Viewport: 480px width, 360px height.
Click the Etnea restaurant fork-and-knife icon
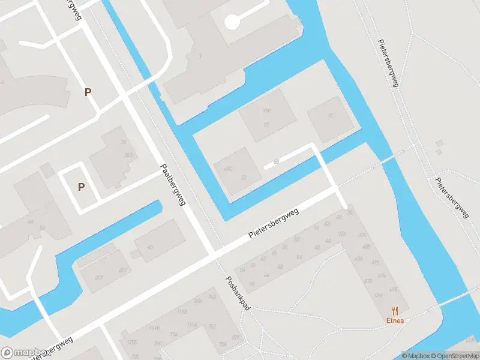[x=395, y=310]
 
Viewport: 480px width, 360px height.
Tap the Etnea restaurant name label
[x=395, y=320]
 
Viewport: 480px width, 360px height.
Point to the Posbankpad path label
[x=238, y=293]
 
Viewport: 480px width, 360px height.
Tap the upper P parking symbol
[x=88, y=92]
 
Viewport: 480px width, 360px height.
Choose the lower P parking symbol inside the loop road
[x=81, y=187]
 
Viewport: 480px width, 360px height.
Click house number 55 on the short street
[x=276, y=162]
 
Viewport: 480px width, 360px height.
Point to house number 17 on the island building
[x=266, y=124]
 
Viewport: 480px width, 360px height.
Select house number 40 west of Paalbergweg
[x=150, y=247]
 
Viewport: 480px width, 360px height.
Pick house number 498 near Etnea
[x=393, y=289]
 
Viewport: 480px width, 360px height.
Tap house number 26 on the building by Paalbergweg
[x=124, y=142]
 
